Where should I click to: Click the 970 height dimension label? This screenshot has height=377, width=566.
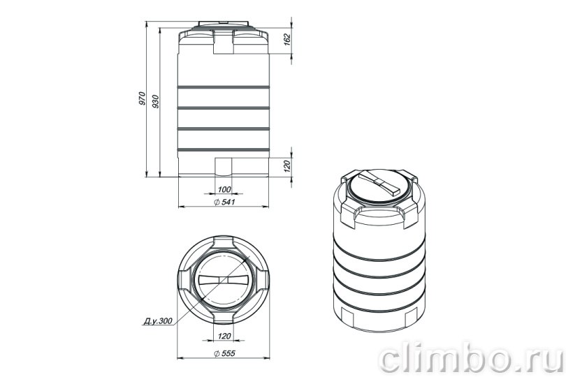pyautogui.click(x=143, y=98)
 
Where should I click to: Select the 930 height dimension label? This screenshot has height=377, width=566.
pyautogui.click(x=156, y=102)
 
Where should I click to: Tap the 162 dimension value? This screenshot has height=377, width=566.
pyautogui.click(x=287, y=39)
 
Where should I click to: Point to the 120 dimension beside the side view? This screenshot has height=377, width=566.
pyautogui.click(x=287, y=166)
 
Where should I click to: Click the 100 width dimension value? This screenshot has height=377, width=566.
pyautogui.click(x=224, y=189)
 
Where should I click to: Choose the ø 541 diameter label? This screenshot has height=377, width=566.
pyautogui.click(x=224, y=202)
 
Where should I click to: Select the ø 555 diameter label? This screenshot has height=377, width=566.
pyautogui.click(x=224, y=353)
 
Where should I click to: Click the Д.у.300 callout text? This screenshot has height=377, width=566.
pyautogui.click(x=158, y=320)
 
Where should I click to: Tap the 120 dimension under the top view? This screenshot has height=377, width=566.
pyautogui.click(x=224, y=337)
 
